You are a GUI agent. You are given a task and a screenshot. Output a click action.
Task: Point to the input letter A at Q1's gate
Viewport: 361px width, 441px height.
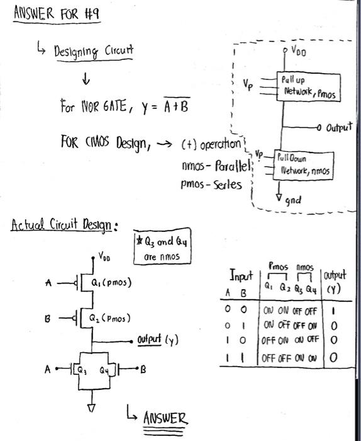click(x=47, y=283)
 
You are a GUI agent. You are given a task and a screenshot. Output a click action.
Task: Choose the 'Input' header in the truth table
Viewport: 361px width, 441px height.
click(x=240, y=277)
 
